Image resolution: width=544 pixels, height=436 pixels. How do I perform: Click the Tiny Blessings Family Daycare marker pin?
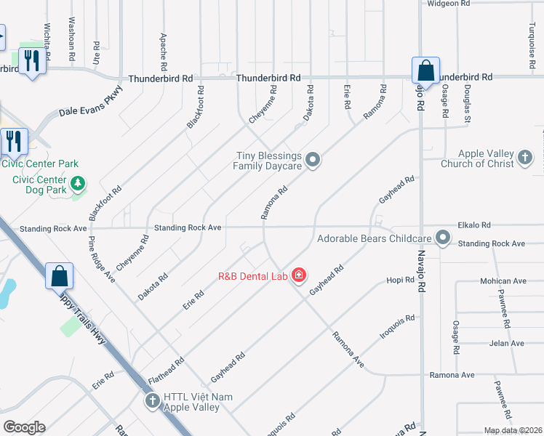click(313, 160)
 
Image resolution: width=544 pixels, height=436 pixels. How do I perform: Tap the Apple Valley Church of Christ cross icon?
click(525, 158)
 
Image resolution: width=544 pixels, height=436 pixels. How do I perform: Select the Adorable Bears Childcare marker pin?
click(443, 238)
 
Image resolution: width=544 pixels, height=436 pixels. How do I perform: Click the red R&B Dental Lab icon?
click(298, 275)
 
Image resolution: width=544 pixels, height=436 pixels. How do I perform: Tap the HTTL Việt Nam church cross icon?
click(152, 400)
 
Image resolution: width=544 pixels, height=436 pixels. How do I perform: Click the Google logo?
click(23, 427)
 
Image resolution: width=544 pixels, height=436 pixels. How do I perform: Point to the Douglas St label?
click(468, 103)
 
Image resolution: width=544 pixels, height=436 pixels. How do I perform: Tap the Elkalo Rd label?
click(476, 225)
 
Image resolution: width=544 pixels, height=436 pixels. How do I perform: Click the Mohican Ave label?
click(503, 280)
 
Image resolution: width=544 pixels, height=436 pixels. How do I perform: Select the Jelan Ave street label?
click(508, 343)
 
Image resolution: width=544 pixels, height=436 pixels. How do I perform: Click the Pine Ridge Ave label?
click(101, 258)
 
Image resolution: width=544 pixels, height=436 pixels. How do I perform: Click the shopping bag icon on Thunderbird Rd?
click(425, 71)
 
